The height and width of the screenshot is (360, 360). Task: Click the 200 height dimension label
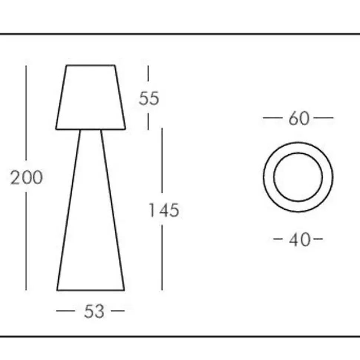tap(27, 177)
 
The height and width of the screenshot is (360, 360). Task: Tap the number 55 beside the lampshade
tap(149, 98)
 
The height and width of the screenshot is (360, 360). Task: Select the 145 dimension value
tap(164, 210)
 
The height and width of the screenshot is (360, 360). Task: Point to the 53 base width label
tap(94, 311)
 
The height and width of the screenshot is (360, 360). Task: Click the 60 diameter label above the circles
tap(299, 118)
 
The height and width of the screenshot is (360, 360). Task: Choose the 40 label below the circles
tap(300, 240)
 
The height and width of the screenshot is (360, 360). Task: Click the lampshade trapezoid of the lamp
tap(91, 97)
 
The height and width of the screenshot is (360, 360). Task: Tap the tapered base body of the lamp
tap(91, 210)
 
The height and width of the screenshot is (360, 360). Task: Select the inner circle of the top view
tap(274, 177)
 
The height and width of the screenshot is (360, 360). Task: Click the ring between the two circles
tap(269, 177)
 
